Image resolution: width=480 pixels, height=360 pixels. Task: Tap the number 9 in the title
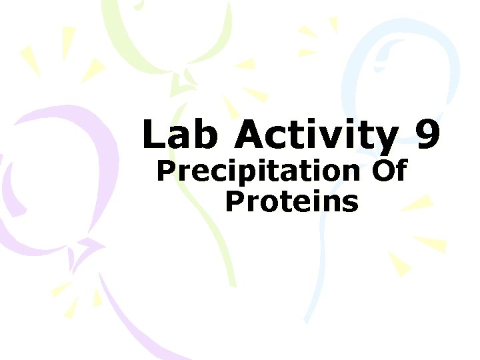427,135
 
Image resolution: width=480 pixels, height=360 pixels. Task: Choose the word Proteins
291,201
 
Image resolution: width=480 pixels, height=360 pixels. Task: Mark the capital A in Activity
250,135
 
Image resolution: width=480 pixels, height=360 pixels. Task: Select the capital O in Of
381,171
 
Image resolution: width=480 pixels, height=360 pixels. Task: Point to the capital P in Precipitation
165,171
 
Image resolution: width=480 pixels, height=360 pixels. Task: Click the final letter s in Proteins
351,203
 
